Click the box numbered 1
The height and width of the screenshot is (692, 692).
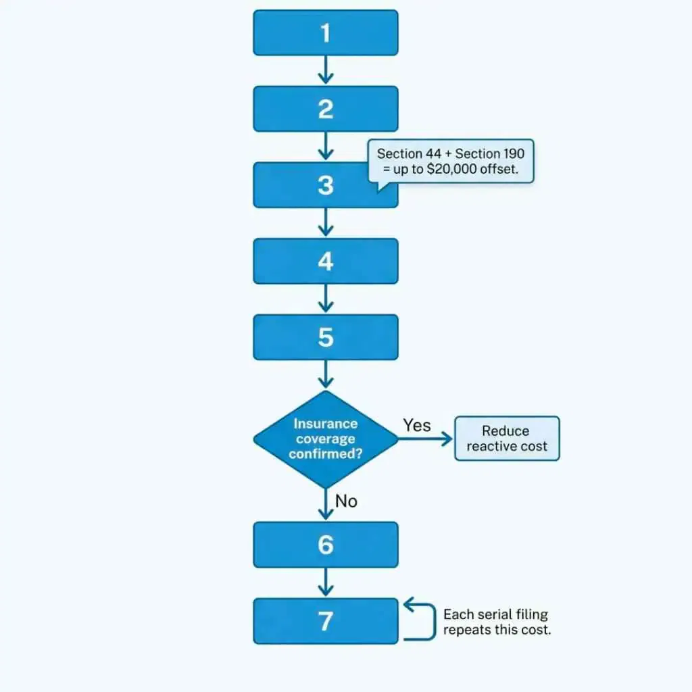325,32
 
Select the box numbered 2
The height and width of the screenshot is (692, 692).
325,109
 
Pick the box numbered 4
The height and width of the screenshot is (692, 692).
325,261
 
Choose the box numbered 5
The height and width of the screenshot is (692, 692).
325,337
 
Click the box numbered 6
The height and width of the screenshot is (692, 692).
325,545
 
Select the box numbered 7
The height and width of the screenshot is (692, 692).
325,621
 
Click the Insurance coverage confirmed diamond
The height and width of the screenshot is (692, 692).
325,439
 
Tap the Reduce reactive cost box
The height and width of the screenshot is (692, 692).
507,439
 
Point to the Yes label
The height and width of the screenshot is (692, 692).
417,425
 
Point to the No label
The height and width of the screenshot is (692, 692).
346,501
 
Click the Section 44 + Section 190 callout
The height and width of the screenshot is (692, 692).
451,161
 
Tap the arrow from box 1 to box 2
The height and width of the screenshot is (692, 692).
326,70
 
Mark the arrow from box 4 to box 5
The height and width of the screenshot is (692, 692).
326,299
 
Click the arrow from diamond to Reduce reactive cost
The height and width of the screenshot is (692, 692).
426,439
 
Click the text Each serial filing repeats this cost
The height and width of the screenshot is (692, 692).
497,622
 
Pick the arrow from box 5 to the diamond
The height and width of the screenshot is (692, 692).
326,374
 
